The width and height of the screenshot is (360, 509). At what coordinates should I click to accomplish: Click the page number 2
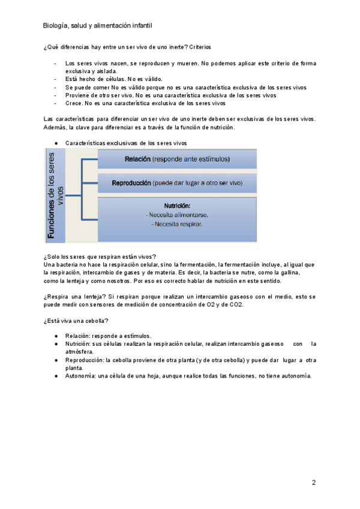pos(313,483)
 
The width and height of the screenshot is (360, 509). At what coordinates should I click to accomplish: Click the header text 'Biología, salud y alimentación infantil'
pos(97,26)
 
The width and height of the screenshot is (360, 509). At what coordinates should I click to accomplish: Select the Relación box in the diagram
pos(177,159)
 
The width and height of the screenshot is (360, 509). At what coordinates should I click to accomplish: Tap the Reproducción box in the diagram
pos(177,182)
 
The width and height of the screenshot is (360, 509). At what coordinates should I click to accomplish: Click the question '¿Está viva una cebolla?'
pos(76,321)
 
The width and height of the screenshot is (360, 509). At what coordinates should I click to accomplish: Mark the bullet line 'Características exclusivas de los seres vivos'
pos(126,143)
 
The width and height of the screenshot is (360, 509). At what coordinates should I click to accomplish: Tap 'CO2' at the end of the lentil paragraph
pos(236,304)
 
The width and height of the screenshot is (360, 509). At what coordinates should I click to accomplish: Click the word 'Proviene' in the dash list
pos(78,95)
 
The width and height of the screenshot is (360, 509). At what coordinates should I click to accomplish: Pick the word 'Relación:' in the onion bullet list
pos(79,336)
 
